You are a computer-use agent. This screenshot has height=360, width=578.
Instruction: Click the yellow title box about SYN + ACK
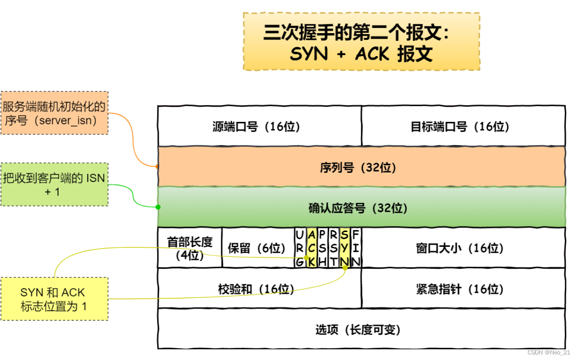pyautogui.click(x=361, y=42)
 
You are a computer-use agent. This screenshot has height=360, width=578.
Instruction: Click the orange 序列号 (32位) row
pyautogui.click(x=361, y=167)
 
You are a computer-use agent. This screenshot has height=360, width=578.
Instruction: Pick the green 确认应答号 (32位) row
pyautogui.click(x=361, y=208)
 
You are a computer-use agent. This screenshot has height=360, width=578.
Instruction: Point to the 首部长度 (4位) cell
pyautogui.click(x=190, y=248)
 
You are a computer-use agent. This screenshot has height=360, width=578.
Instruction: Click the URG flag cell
pyautogui.click(x=300, y=248)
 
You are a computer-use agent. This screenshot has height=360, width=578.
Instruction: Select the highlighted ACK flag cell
pyautogui.click(x=311, y=248)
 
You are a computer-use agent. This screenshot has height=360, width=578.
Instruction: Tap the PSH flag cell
pyautogui.click(x=322, y=248)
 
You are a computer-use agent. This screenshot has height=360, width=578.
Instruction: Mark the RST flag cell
pyautogui.click(x=333, y=248)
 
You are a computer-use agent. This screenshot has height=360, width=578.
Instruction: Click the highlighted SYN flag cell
pyautogui.click(x=345, y=248)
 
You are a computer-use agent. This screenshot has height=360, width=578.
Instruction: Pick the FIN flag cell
pyautogui.click(x=356, y=248)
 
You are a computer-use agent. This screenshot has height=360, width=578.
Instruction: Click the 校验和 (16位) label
pyautogui.click(x=256, y=289)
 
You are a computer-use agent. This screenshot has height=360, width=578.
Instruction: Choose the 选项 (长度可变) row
pyautogui.click(x=361, y=329)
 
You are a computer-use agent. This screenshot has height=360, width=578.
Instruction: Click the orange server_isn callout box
pyautogui.click(x=55, y=113)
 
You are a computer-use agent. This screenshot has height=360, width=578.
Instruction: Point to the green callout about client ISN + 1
pyautogui.click(x=55, y=184)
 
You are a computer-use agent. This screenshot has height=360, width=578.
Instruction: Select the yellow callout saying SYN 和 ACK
pyautogui.click(x=55, y=299)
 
